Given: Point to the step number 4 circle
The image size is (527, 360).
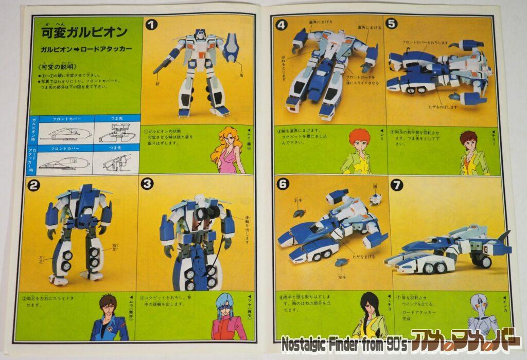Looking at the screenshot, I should (281, 24).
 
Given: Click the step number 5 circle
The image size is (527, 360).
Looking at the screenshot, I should (392, 24).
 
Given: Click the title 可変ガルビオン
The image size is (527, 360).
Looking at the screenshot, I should (84, 32).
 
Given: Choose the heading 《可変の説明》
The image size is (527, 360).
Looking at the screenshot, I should (57, 67).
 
